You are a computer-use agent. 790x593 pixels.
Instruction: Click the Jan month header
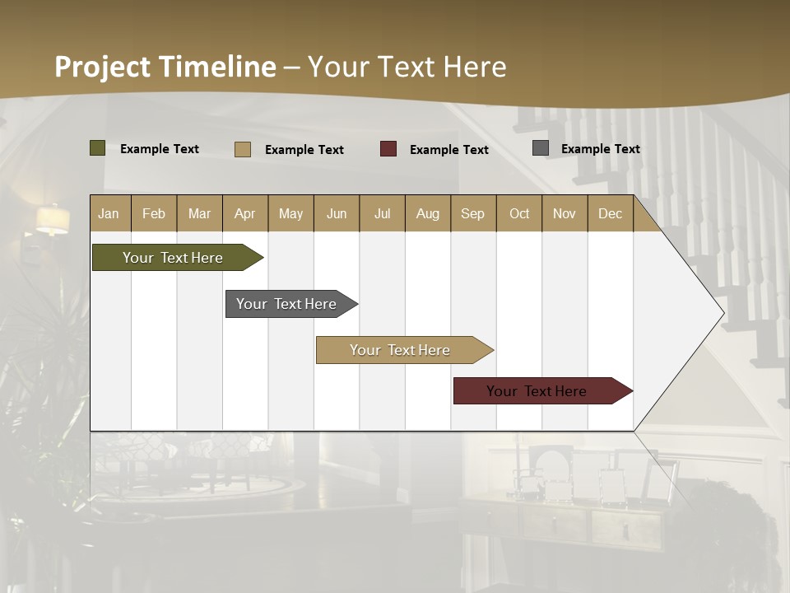coord(109,213)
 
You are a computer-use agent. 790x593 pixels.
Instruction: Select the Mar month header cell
coord(199,213)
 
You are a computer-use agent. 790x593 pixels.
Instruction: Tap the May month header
coord(290,213)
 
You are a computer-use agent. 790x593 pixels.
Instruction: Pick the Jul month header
coord(382,213)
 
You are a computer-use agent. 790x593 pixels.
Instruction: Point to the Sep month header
coord(472,213)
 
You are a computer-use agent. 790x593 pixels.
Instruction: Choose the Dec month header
coord(610,213)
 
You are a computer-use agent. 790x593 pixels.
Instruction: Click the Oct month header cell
coord(519,213)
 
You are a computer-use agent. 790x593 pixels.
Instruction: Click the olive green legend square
coord(98,148)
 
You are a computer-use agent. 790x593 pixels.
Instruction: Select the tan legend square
coord(243,149)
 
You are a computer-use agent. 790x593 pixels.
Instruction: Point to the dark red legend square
coord(388,149)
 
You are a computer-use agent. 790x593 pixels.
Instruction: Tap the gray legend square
coord(541,148)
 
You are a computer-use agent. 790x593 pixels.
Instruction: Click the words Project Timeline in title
coord(165,67)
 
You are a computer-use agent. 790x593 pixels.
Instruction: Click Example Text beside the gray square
coord(600,149)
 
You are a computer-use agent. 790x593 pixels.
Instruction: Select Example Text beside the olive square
coord(160,149)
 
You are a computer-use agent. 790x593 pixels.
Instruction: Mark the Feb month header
coord(154,213)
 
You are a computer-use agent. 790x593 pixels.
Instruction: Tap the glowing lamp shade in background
coord(53,220)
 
